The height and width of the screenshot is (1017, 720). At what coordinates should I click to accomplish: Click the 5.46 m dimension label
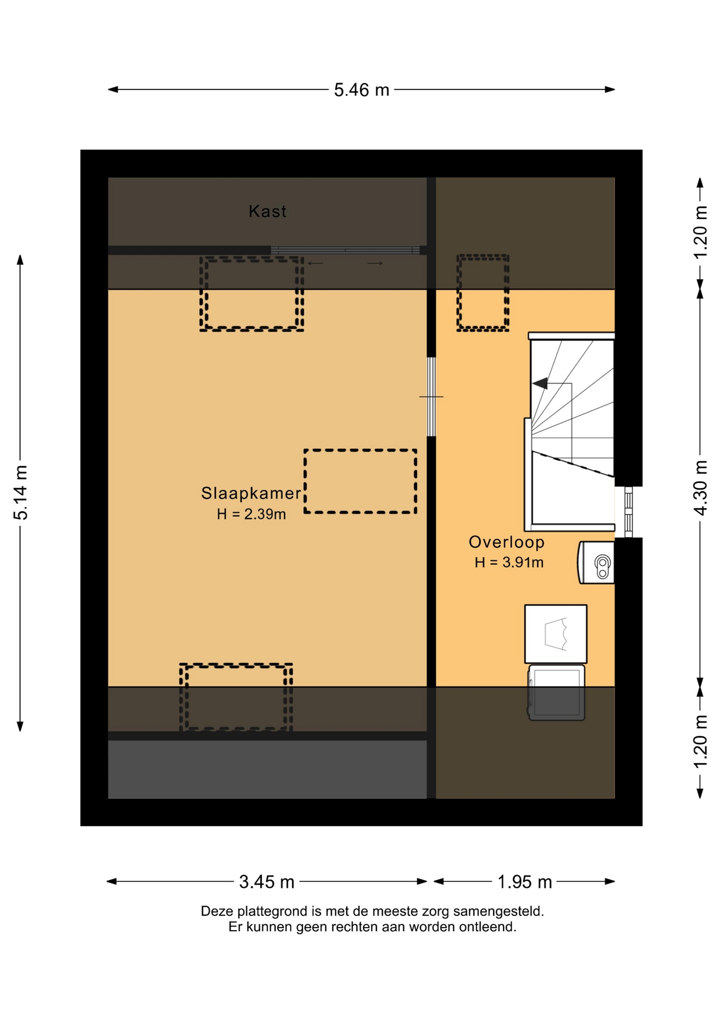(361, 90)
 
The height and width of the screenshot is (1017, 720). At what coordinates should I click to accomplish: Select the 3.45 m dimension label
(267, 882)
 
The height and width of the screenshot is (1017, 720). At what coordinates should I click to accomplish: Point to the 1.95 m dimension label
(524, 882)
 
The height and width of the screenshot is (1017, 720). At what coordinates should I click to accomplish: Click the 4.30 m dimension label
(700, 488)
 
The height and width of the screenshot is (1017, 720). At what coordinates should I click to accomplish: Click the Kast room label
(268, 211)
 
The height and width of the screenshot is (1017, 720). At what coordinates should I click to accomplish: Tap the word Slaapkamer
(251, 493)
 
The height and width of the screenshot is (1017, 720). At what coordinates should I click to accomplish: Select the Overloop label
(506, 542)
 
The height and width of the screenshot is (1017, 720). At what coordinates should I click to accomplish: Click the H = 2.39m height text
(251, 514)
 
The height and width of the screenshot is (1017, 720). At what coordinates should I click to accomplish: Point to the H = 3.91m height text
(509, 562)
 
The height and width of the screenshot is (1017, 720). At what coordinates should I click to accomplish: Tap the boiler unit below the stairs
(596, 562)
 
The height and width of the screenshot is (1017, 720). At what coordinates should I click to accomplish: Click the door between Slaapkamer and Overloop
(431, 397)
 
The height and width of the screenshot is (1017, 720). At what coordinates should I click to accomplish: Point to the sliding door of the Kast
(345, 250)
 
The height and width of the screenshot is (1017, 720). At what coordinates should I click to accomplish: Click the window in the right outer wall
(628, 512)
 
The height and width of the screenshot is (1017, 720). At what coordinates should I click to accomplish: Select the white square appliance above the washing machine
(556, 634)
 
